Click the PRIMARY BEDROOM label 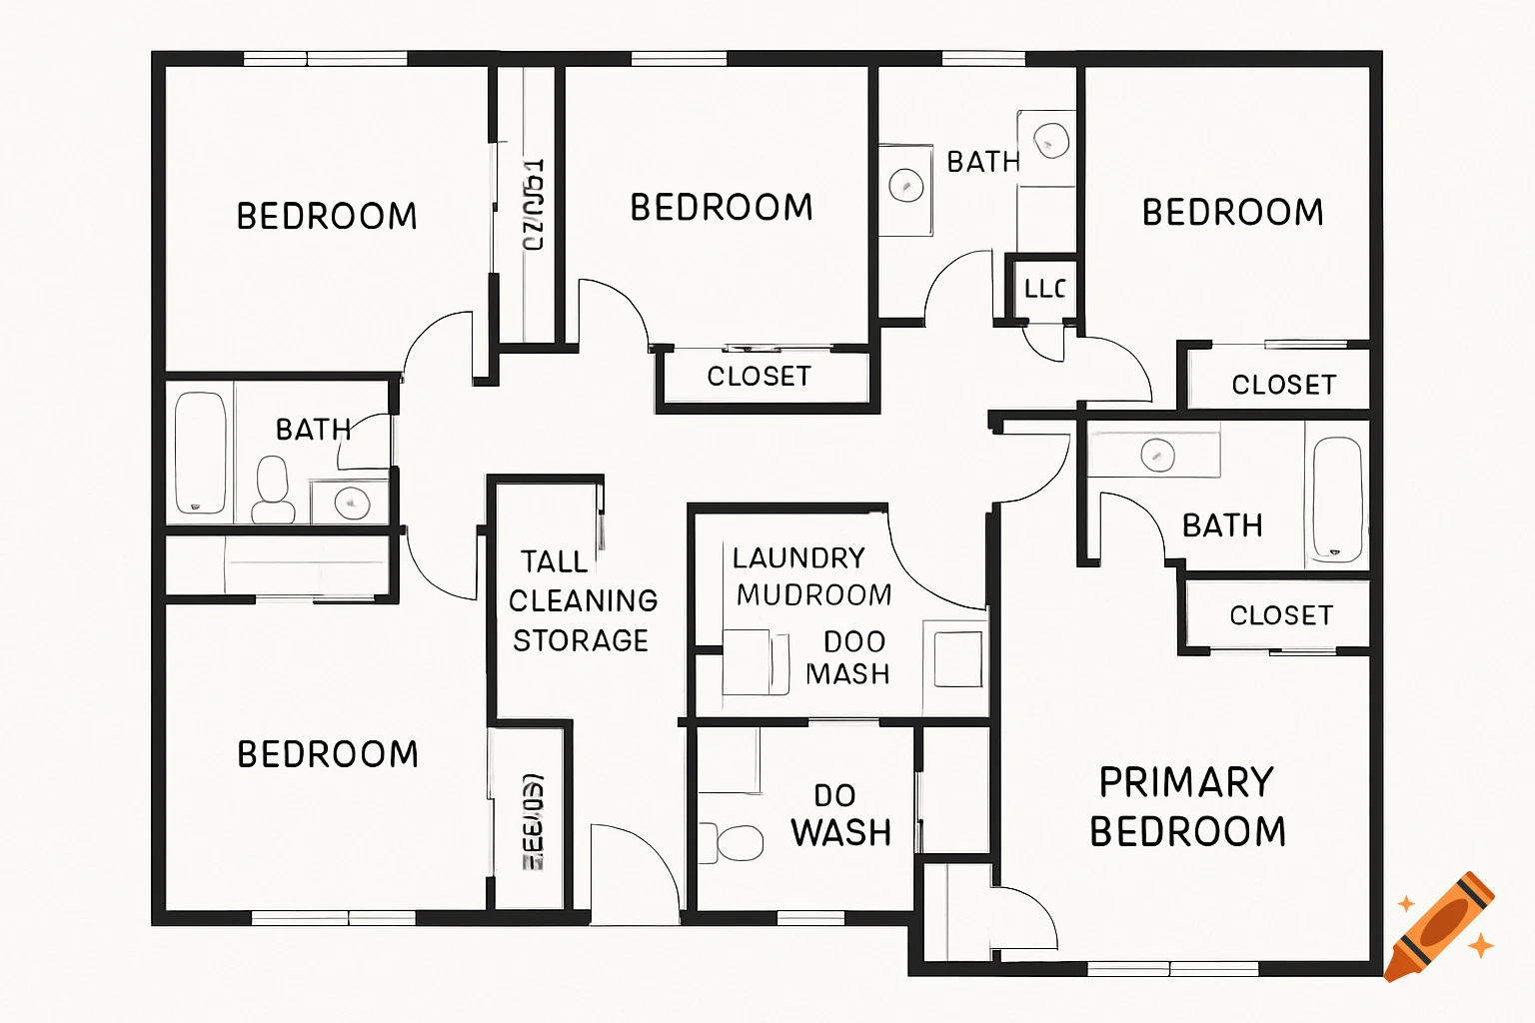pos(1187,806)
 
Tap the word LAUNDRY pos(798,557)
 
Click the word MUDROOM pos(813,595)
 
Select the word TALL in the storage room pos(554,561)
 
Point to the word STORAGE pos(581,640)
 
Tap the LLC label pos(1044,290)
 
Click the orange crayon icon pos(1440,927)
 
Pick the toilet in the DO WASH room pos(736,842)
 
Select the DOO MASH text pos(848,657)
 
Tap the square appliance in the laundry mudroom pos(957,656)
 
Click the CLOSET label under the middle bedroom pos(759,377)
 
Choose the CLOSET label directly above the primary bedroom pos(1281,615)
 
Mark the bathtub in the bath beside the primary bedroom pos(1336,499)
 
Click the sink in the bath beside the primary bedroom pos(1157,456)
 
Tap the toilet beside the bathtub pos(273,490)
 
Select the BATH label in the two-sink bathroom pos(982,162)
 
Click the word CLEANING pos(583,601)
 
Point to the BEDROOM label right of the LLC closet pos(1232,213)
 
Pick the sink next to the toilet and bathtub pos(351,502)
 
